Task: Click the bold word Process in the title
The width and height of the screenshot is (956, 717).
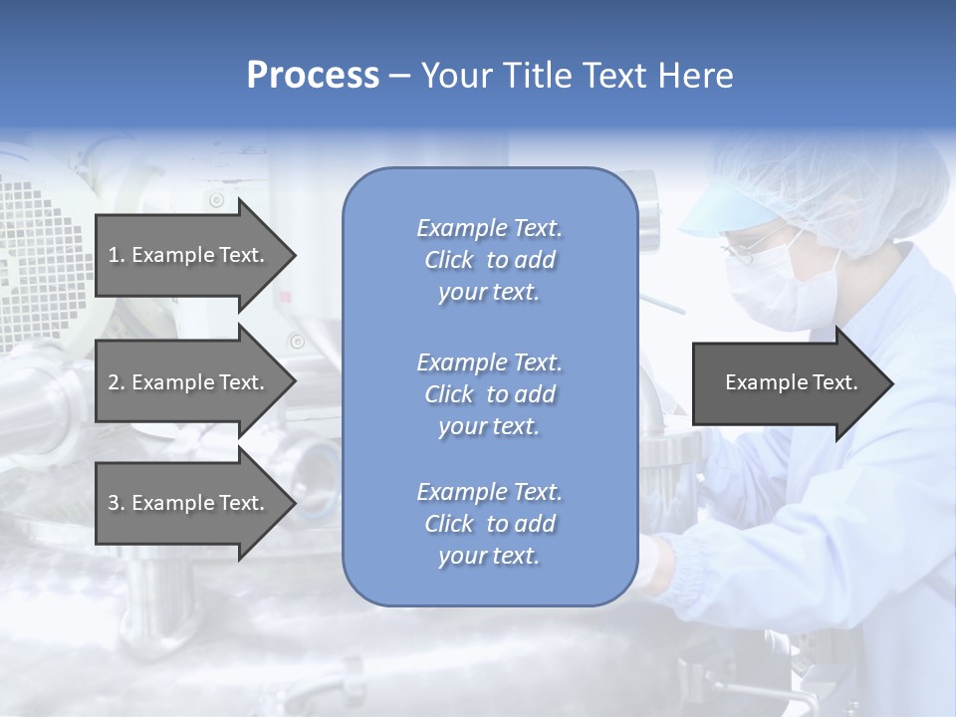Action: [313, 76]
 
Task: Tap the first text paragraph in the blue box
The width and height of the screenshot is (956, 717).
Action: [489, 260]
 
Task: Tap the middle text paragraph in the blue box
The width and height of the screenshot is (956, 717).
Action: [489, 394]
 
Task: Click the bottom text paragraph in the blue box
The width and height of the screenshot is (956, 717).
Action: [489, 524]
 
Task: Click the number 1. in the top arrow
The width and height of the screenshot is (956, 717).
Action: [116, 255]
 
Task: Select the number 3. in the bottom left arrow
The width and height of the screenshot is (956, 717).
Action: [116, 503]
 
